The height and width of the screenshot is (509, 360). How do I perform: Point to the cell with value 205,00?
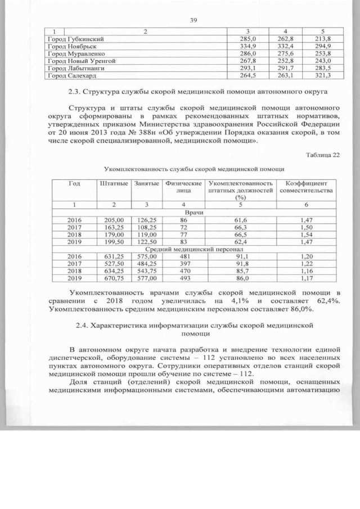click(112, 220)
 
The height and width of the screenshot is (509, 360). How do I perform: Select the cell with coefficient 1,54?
click(306, 235)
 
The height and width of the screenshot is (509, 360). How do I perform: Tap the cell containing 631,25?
click(112, 256)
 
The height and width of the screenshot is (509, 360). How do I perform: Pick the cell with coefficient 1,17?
click(306, 278)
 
